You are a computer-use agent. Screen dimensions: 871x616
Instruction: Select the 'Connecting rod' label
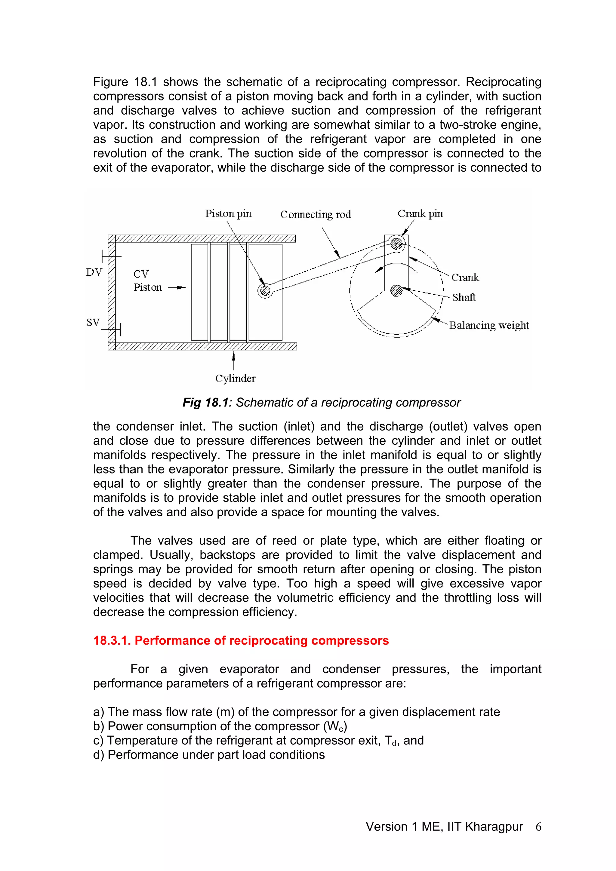coord(316,214)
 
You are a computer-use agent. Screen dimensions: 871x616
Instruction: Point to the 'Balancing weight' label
coord(489,326)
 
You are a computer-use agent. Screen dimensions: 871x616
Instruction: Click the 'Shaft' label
coord(464,297)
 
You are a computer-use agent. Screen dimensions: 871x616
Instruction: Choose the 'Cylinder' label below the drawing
coord(235,378)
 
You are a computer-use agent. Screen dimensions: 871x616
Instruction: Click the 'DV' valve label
coord(94,272)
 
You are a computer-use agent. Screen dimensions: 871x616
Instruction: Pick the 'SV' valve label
coord(93,322)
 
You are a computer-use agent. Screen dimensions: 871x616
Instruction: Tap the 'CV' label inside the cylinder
coord(141,274)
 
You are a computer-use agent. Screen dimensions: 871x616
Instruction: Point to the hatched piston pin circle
coord(265,291)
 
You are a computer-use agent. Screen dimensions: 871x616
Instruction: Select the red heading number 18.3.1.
coord(112,640)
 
